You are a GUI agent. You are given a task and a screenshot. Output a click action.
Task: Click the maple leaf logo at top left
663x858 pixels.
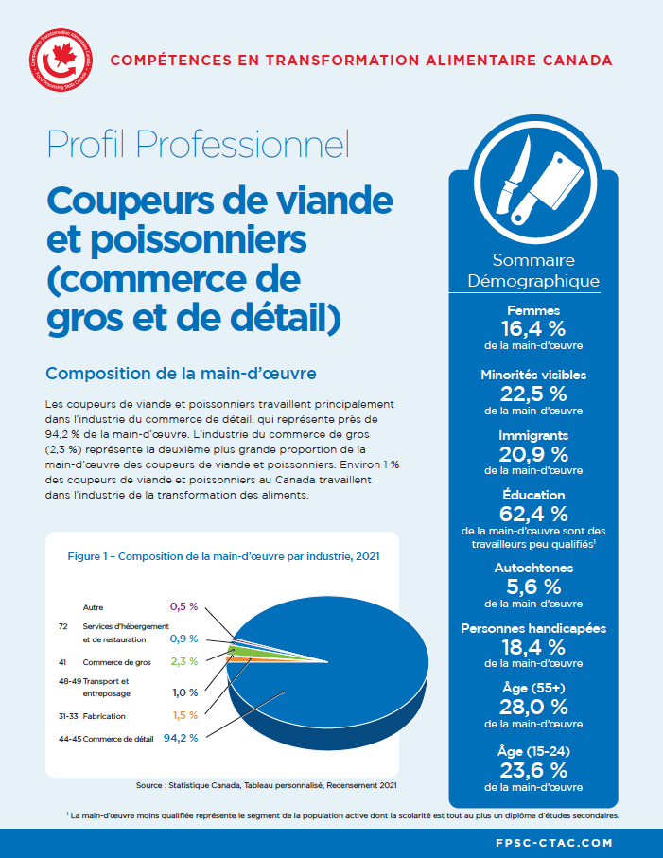point(65,60)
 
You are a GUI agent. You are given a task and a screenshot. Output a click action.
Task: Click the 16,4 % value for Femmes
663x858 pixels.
point(533,328)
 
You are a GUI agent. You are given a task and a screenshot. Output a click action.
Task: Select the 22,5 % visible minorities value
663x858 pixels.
point(533,393)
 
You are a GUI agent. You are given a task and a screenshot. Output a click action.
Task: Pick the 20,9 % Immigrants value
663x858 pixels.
point(533,453)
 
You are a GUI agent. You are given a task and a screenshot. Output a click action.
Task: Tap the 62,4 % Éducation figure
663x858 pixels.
point(533,514)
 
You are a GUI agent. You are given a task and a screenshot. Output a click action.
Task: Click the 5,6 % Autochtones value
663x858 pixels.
point(533,587)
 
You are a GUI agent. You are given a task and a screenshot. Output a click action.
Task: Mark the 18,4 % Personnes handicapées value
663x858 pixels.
point(533,647)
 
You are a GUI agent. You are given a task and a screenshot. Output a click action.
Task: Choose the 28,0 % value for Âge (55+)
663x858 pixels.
point(533,707)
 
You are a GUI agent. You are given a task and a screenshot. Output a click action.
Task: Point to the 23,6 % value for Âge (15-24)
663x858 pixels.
point(533,769)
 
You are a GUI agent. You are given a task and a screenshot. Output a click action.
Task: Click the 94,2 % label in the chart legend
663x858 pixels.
point(181,738)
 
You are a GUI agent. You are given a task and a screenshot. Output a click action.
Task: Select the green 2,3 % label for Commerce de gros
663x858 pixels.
point(183,661)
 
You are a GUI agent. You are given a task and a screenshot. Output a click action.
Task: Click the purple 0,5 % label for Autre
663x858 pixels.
point(183,605)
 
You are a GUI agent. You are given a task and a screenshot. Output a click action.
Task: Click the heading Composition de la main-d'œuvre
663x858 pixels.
point(181,372)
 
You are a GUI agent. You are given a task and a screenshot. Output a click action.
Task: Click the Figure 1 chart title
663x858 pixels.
point(223,556)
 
